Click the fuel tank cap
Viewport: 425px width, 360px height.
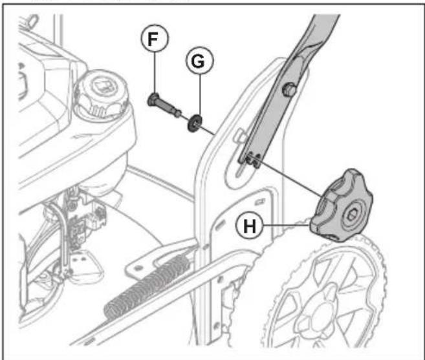[103, 91]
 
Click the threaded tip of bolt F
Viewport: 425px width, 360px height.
[178, 113]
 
